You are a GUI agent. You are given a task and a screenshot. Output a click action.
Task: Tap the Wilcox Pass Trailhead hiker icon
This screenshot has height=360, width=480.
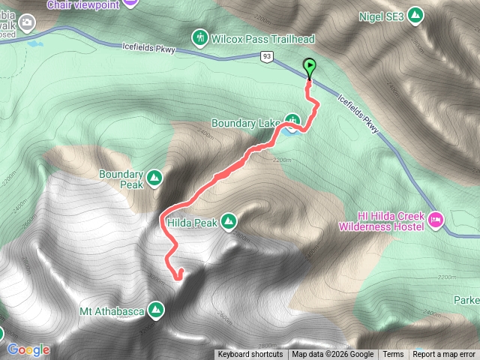click(199, 37)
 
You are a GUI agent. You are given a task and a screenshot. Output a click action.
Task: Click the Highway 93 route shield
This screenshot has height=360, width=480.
click(267, 56)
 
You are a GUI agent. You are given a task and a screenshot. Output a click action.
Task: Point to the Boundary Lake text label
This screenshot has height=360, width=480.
click(246, 123)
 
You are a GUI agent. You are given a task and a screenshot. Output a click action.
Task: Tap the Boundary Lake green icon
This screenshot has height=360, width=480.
click(292, 121)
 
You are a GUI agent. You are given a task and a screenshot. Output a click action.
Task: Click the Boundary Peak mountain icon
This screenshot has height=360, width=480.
click(154, 178)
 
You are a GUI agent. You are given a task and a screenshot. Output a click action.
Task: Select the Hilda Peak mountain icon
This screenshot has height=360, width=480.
click(229, 221)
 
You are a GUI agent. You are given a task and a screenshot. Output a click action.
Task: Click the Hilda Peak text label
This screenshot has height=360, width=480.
click(193, 223)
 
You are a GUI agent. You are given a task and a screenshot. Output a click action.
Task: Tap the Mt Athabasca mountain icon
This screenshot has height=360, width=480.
click(156, 308)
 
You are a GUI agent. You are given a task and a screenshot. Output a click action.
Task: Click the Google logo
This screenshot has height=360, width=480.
click(28, 349)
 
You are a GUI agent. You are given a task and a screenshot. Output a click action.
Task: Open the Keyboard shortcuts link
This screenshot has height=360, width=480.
click(250, 355)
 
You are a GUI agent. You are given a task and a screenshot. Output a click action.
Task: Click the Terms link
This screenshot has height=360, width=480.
click(393, 355)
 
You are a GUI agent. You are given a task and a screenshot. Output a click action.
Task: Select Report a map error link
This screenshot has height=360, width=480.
click(444, 355)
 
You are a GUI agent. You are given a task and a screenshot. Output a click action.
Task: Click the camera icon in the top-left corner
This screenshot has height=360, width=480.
click(28, 24)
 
